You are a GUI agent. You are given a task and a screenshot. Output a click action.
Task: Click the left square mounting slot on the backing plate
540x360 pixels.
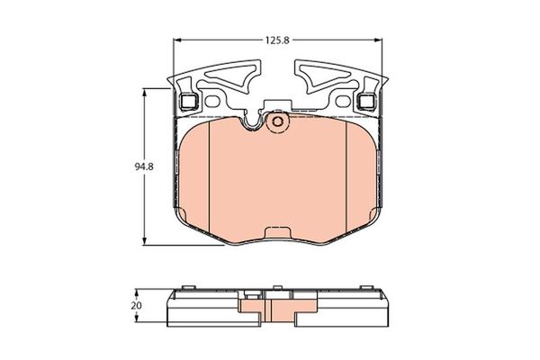click(189, 102)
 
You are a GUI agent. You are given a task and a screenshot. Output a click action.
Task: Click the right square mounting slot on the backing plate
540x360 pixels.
click(366, 102)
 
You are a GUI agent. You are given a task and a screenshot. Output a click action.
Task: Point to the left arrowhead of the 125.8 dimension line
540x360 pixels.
click(175, 40)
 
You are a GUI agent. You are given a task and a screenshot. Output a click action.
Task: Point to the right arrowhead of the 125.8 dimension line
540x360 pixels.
click(384, 40)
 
